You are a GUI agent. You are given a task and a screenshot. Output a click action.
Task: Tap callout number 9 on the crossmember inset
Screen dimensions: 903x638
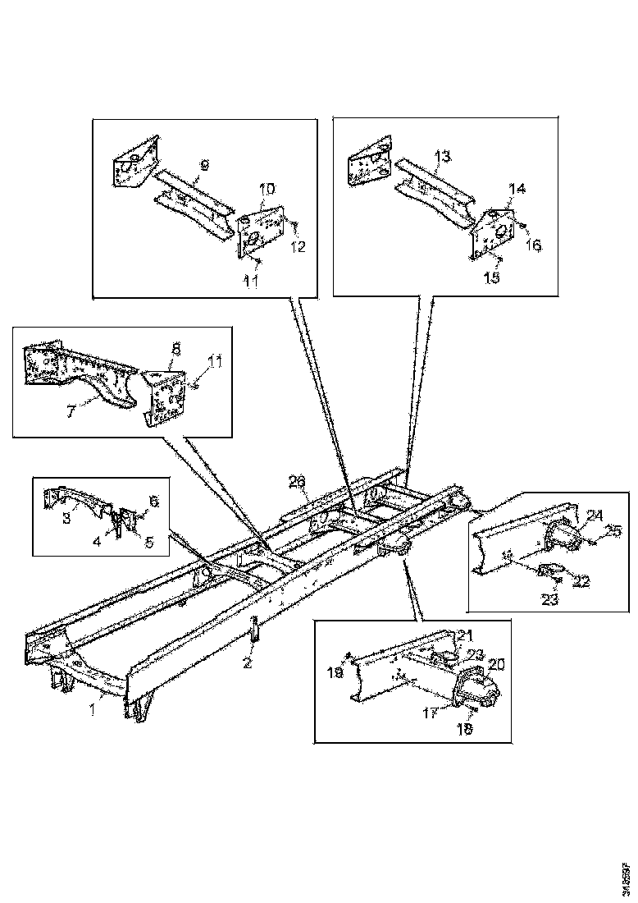pyautogui.click(x=204, y=165)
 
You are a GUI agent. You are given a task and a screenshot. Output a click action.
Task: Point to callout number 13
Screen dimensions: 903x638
pyautogui.click(x=442, y=156)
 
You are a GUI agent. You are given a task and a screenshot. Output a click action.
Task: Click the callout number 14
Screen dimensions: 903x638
pyautogui.click(x=516, y=189)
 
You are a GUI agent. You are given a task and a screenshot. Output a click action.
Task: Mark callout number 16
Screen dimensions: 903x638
pyautogui.click(x=535, y=245)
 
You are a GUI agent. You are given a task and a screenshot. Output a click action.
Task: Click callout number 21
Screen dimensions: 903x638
pyautogui.click(x=465, y=635)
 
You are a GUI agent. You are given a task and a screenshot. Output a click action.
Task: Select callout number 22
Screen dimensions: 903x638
pyautogui.click(x=581, y=581)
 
